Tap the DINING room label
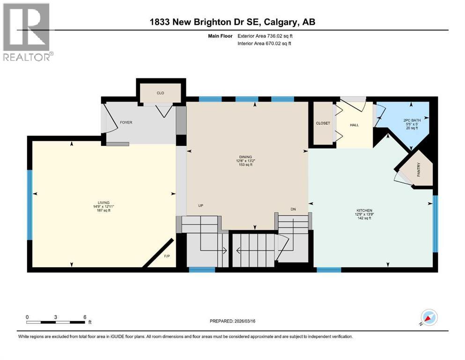point(245,157)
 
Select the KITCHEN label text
point(363,210)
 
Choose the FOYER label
point(126,123)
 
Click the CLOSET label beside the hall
point(323,123)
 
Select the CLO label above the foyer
point(160,93)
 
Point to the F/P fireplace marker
point(167,256)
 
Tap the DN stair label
point(293,210)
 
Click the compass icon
point(428,317)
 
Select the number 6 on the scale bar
point(85,317)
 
